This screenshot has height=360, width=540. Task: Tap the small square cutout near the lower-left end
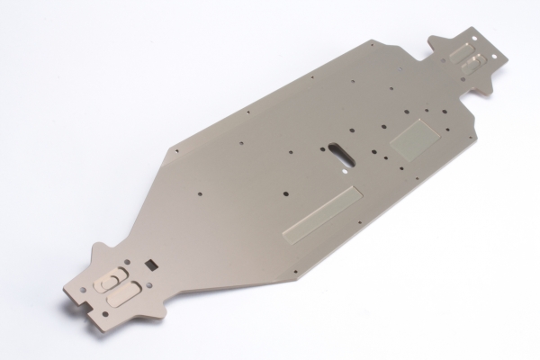pyautogui.click(x=151, y=263)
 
